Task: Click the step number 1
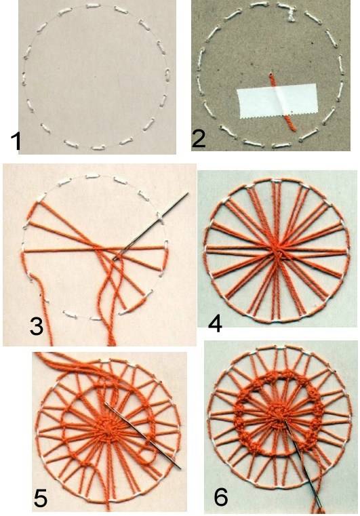click(16, 141)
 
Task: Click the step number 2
click(199, 138)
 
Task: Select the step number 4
click(215, 323)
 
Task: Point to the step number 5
click(41, 498)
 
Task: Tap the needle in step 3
click(151, 226)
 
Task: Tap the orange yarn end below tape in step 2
click(290, 123)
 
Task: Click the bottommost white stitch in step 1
click(98, 148)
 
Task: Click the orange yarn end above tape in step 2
click(273, 79)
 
